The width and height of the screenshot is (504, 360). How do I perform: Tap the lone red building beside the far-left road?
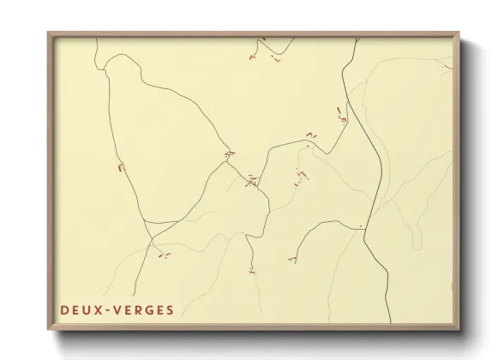121,167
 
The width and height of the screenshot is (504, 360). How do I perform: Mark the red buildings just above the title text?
161,254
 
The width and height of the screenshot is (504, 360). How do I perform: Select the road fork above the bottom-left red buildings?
148,237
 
